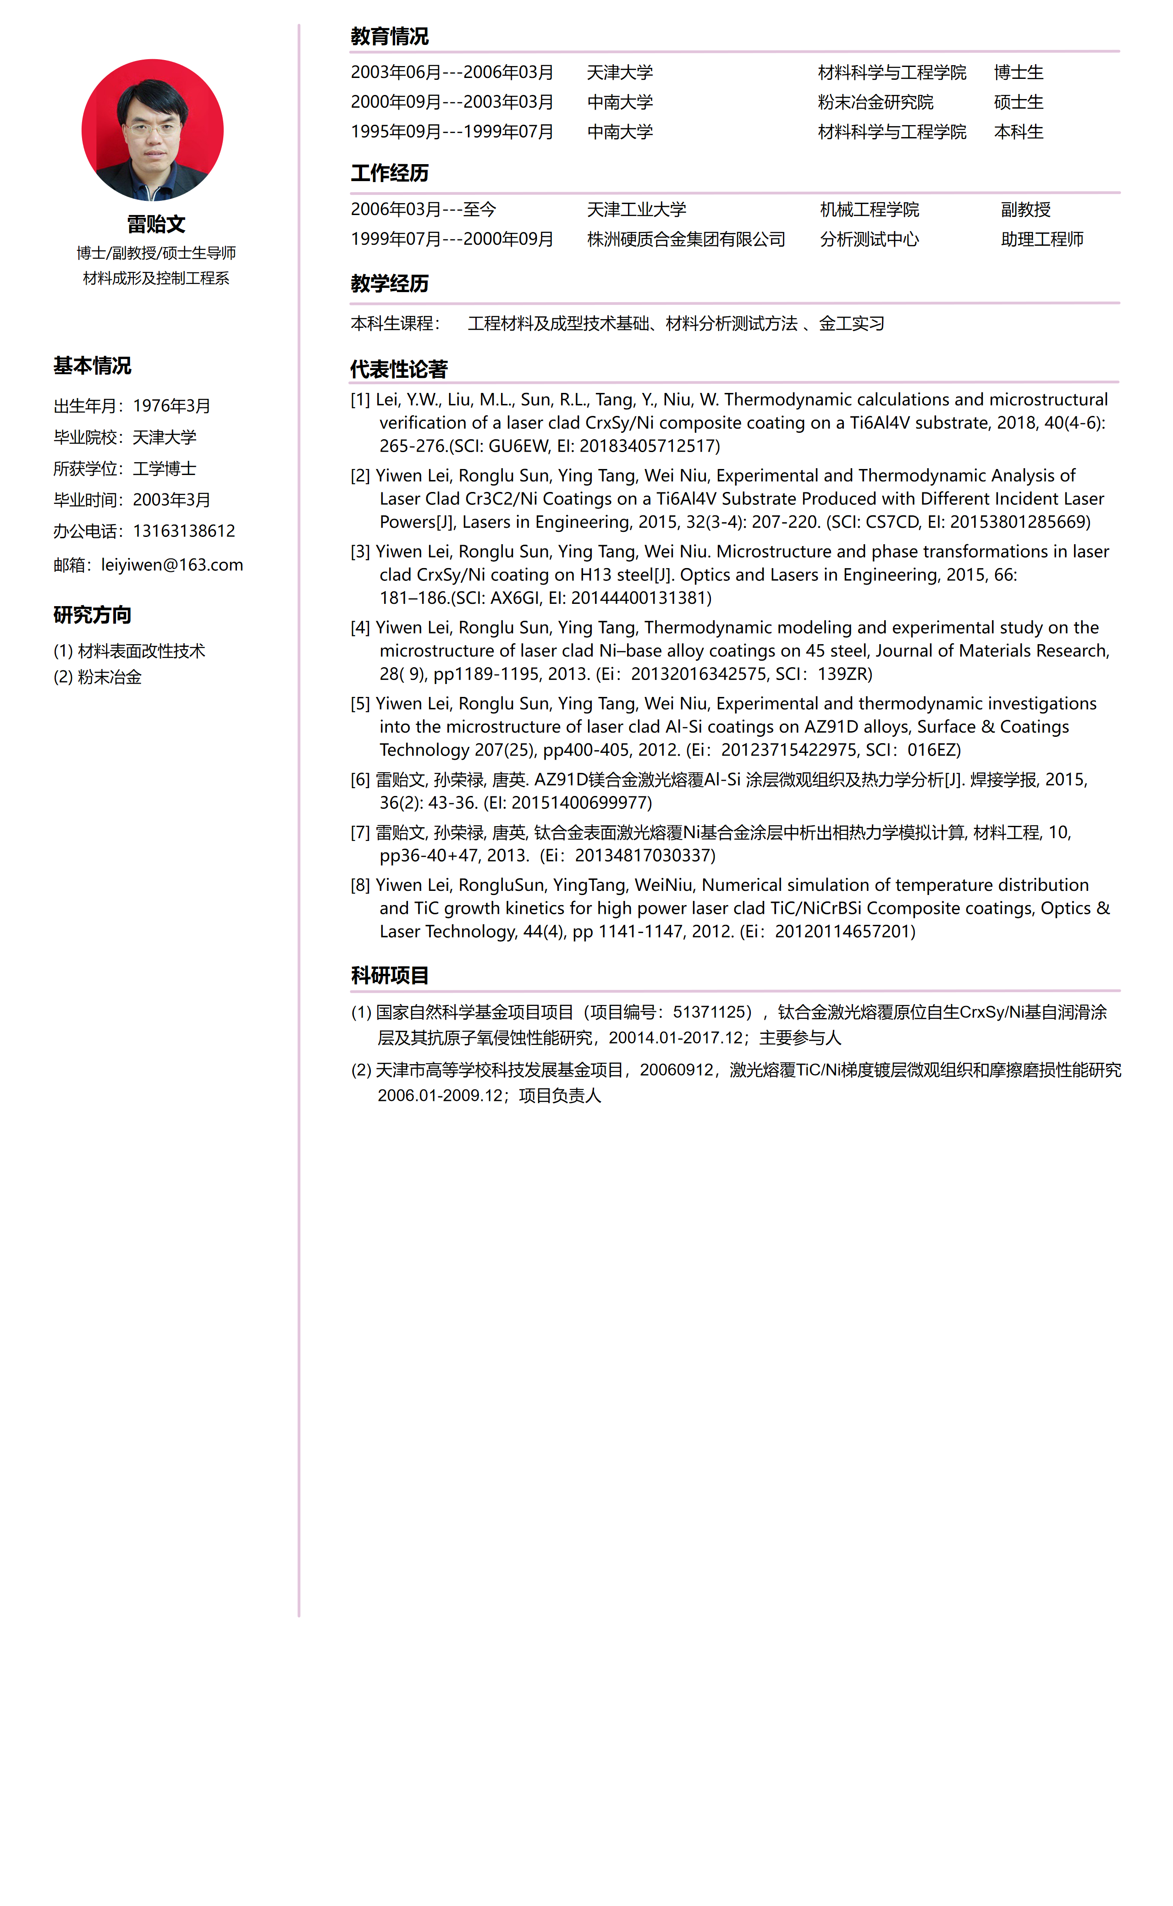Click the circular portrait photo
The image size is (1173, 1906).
click(x=153, y=130)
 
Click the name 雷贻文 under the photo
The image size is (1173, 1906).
click(x=156, y=224)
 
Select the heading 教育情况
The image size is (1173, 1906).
click(x=390, y=37)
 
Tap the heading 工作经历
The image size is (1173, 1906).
click(x=390, y=173)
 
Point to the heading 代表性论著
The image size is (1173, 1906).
click(x=399, y=370)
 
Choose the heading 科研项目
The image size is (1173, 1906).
click(x=390, y=976)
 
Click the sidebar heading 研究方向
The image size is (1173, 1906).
click(x=92, y=615)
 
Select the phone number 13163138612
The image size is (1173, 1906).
click(x=184, y=531)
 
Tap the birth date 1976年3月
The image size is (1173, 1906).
click(x=171, y=406)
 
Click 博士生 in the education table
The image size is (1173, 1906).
click(x=1019, y=72)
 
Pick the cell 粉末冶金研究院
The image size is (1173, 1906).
click(x=875, y=102)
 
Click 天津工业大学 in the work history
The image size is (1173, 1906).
click(x=636, y=210)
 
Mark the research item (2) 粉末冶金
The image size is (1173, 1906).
click(x=98, y=678)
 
